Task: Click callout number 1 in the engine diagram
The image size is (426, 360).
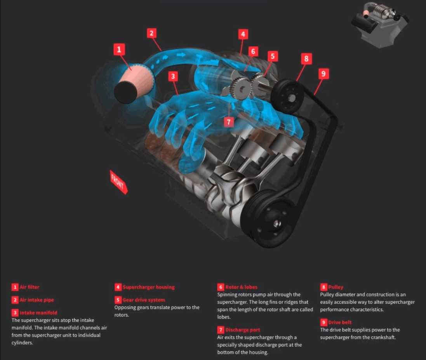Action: (x=119, y=49)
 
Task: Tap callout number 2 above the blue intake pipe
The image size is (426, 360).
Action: (x=151, y=33)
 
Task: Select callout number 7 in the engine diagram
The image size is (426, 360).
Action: (x=229, y=122)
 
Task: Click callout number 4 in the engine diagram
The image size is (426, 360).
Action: (x=243, y=34)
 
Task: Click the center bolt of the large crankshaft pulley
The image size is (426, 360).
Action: (x=275, y=224)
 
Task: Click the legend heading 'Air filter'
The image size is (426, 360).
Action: (x=29, y=287)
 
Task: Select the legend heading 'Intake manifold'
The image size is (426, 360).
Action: (x=38, y=313)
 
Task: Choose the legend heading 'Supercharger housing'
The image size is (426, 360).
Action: (x=148, y=287)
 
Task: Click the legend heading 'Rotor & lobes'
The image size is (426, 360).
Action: (x=241, y=287)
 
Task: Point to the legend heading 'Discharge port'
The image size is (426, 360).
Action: (x=243, y=330)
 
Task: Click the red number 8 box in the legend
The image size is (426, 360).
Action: (x=323, y=287)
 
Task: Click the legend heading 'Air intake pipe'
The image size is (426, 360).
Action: (x=37, y=300)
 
